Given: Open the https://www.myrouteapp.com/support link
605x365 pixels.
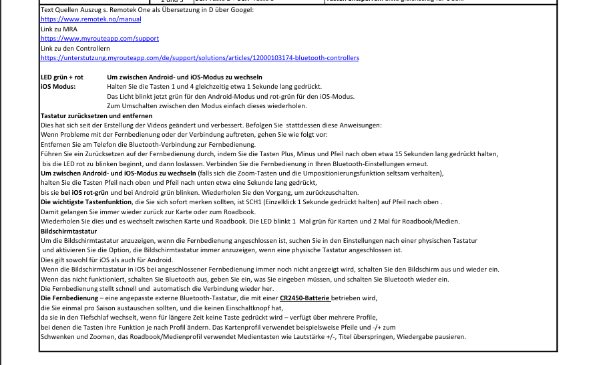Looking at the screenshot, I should [99, 39].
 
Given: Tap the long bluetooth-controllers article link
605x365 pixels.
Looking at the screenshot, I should [200, 58].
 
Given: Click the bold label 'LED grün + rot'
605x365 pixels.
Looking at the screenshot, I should [62, 77].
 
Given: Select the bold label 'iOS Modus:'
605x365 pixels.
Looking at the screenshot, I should [58, 87].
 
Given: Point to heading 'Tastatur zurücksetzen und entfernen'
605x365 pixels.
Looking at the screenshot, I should [96, 116].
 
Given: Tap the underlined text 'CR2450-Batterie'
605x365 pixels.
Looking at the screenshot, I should [305, 298].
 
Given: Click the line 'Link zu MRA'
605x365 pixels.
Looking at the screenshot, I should [59, 29].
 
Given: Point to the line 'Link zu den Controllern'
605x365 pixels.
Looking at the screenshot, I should [75, 49].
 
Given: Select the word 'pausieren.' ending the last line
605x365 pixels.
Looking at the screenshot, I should [449, 337].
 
